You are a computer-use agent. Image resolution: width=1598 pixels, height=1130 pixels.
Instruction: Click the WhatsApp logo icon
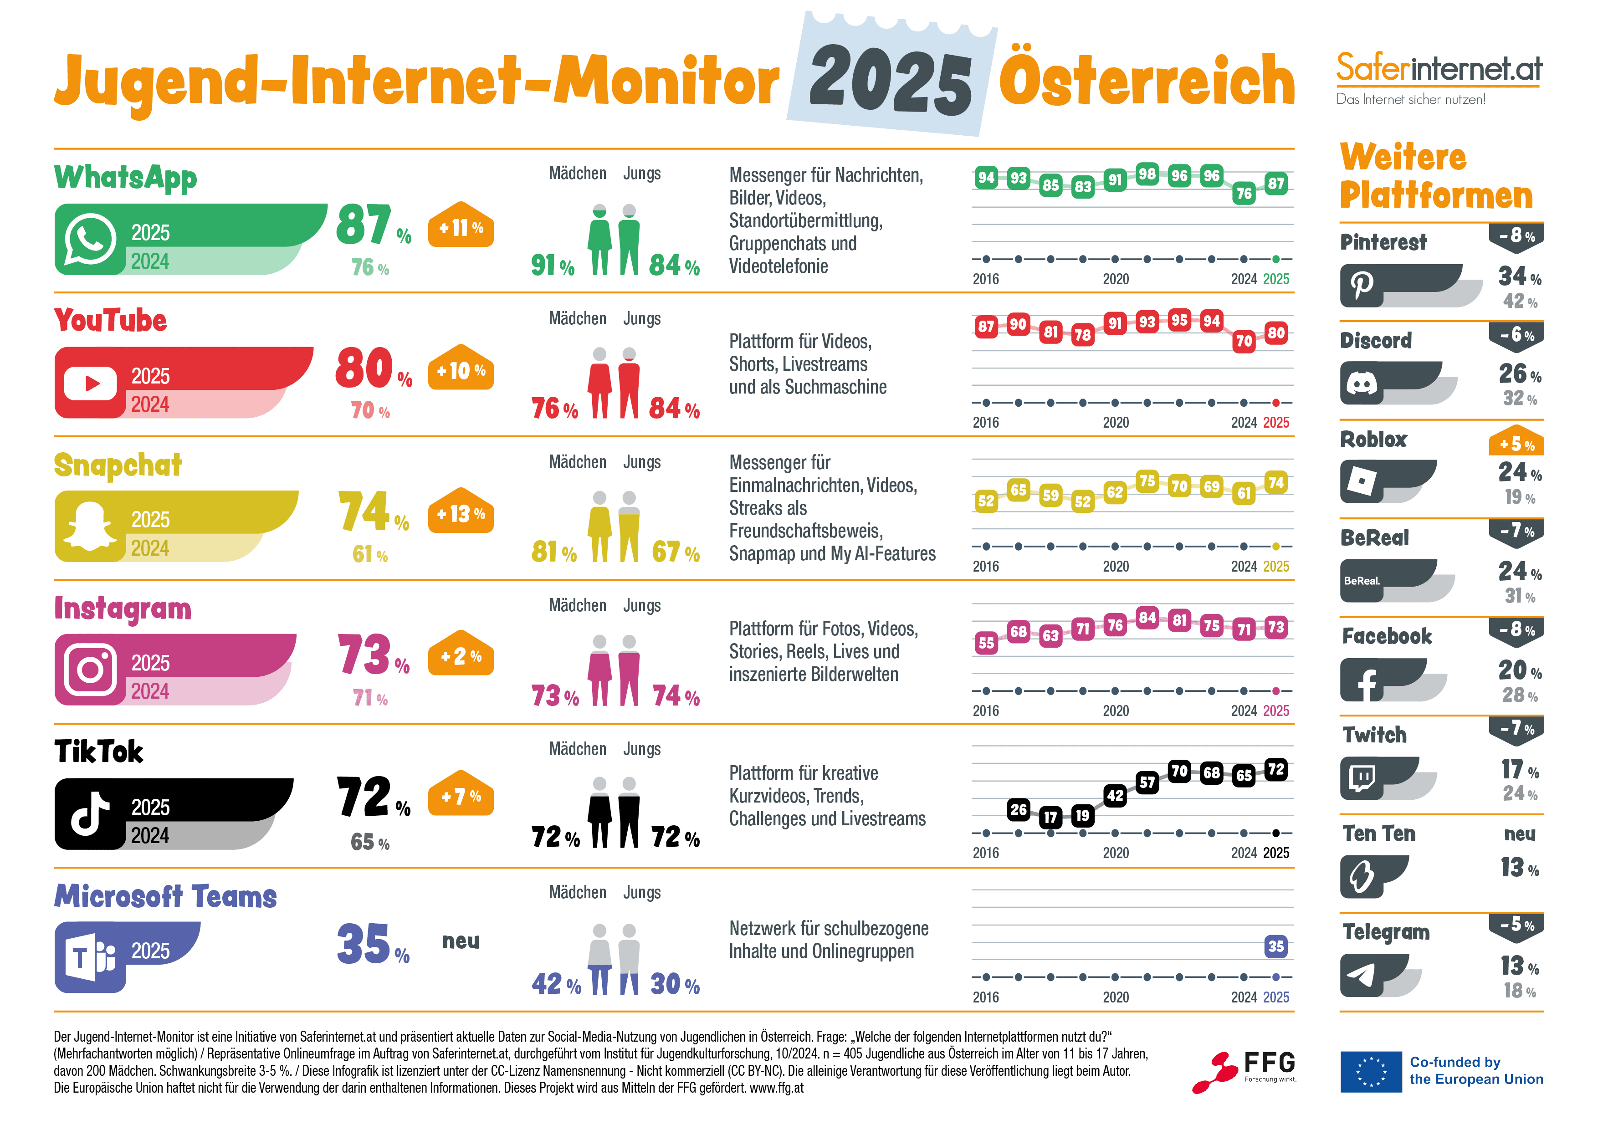coord(90,240)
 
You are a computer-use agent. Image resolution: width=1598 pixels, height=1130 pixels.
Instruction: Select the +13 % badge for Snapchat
coord(460,513)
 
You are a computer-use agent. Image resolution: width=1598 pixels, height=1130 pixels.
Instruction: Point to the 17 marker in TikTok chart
coord(1050,817)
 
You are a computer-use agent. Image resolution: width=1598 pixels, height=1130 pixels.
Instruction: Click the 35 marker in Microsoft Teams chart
coord(1275,946)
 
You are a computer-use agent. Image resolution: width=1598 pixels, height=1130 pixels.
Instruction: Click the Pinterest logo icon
coord(1362,285)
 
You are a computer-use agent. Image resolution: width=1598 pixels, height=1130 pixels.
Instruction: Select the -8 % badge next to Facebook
coord(1516,630)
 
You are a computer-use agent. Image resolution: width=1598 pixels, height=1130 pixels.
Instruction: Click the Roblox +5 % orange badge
coord(1516,443)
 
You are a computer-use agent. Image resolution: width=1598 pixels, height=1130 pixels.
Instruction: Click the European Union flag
coord(1370,1072)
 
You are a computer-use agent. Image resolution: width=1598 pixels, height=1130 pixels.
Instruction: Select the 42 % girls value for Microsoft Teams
coord(555,984)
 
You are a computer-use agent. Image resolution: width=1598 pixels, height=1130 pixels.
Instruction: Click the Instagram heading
coord(123,608)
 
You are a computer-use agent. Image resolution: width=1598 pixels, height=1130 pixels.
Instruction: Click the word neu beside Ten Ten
coord(1519,833)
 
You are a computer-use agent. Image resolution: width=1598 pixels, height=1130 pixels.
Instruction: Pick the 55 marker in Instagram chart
coord(986,642)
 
